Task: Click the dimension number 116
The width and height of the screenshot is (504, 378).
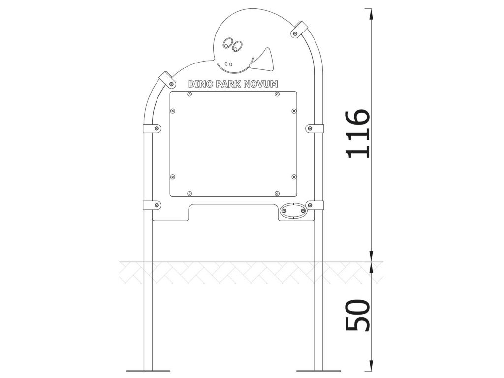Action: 357,134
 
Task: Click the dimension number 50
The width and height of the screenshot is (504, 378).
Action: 357,315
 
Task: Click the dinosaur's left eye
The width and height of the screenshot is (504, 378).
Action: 228,43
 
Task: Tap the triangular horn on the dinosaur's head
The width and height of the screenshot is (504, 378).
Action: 263,60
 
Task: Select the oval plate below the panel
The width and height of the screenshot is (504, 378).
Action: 293,211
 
